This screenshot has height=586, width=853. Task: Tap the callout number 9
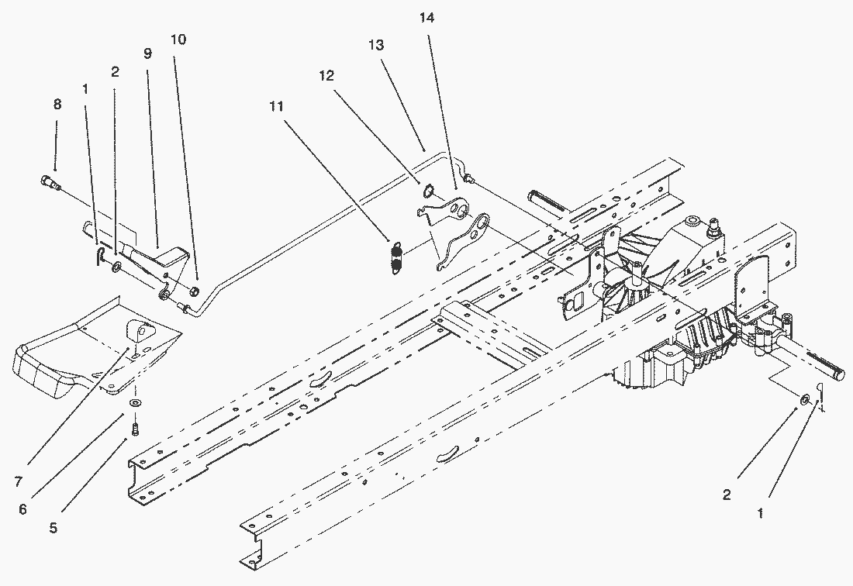coord(147,53)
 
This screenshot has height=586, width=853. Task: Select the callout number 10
coord(178,39)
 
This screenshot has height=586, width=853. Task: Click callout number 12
coord(326,75)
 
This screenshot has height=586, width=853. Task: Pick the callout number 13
coord(375,46)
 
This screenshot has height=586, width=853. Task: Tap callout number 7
coord(18,481)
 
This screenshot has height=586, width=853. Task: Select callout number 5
coord(53,529)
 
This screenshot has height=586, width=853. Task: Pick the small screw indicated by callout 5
coord(135,426)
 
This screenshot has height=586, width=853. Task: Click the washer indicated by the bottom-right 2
coord(805,399)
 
